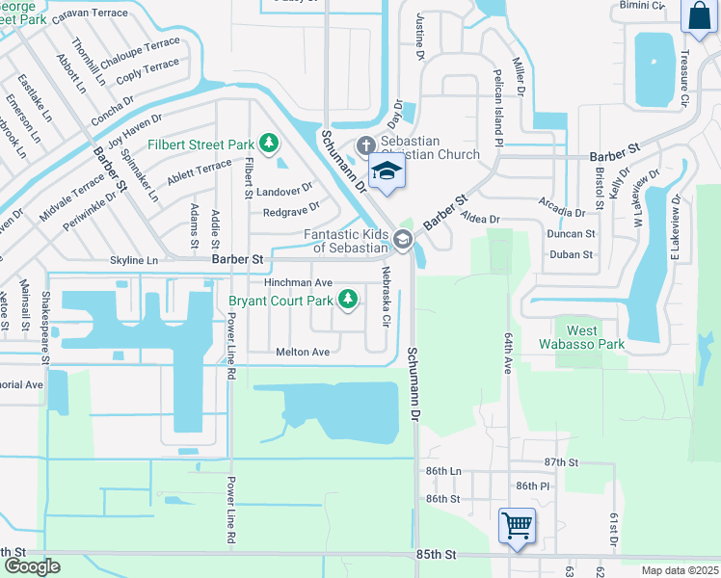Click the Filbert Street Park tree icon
270,145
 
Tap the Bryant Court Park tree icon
348,302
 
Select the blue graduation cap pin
387,171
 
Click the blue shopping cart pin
517,526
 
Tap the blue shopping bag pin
697,16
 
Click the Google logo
31,566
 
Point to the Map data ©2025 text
679,570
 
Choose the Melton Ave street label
303,353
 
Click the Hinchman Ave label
298,283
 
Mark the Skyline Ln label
134,261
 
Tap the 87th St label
560,463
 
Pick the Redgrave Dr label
290,212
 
